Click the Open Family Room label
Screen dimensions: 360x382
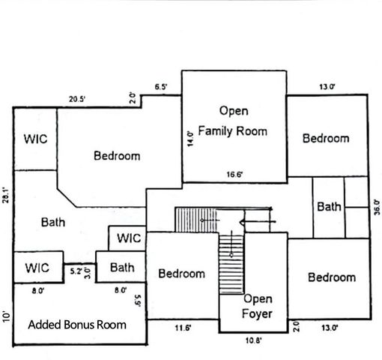(232, 121)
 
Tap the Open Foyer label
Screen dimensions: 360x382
(258, 306)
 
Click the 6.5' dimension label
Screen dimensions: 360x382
(160, 87)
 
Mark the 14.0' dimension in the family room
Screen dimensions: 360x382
(190, 139)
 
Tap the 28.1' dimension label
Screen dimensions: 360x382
(6, 196)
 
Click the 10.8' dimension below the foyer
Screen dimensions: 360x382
(254, 340)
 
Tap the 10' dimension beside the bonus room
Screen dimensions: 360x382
(6, 315)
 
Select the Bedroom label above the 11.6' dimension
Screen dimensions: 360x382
(181, 274)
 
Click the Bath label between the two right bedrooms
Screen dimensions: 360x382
(329, 206)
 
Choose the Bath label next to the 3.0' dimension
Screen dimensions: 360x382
(121, 267)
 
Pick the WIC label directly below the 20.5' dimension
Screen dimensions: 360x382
(36, 139)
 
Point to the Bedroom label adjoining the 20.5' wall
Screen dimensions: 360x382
(117, 156)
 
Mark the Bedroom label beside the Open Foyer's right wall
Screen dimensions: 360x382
(332, 277)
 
